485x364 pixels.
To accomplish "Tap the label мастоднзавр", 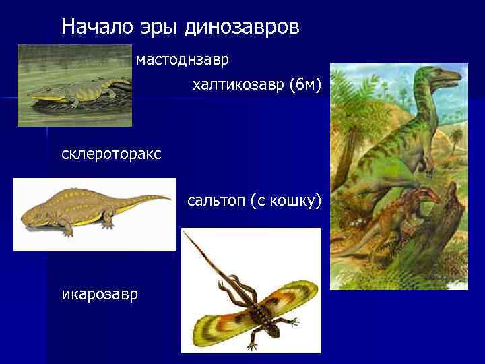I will (x=183, y=60).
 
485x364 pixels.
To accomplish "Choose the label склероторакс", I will (x=111, y=154).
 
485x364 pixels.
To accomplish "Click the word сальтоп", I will (x=216, y=202).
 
